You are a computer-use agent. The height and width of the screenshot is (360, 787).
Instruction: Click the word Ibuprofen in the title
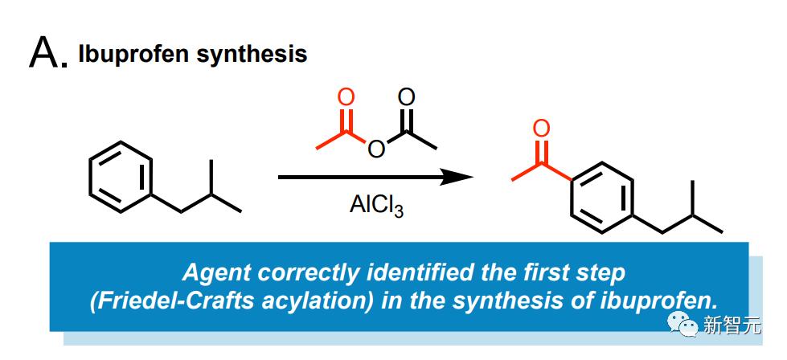(133, 54)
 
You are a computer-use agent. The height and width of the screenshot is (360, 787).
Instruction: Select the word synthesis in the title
(252, 54)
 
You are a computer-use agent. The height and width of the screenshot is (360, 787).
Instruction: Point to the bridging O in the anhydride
(376, 149)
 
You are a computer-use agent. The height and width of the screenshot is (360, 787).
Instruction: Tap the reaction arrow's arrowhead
(457, 177)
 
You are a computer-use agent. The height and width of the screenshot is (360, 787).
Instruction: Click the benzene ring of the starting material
(121, 177)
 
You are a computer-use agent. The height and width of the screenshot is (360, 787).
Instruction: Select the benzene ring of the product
(602, 198)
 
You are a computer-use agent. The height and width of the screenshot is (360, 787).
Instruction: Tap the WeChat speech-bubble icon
(682, 325)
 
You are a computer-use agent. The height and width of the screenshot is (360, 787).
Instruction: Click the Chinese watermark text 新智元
(731, 325)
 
